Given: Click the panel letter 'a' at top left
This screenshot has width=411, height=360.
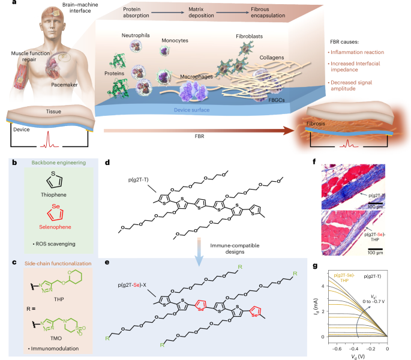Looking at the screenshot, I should tap(5, 4).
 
